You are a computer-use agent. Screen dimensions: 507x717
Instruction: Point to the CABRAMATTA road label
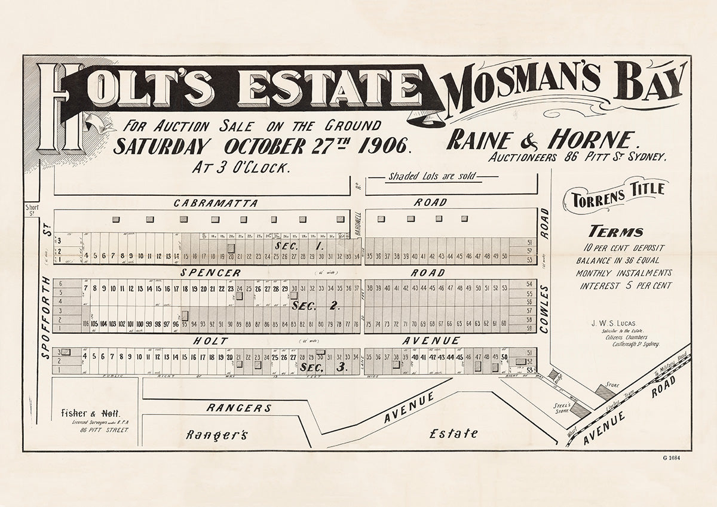(x=216, y=203)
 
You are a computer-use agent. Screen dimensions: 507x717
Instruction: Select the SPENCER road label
(x=209, y=273)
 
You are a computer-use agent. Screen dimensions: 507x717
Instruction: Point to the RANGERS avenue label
(x=238, y=408)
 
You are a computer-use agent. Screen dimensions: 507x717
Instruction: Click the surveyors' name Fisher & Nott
(x=90, y=413)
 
